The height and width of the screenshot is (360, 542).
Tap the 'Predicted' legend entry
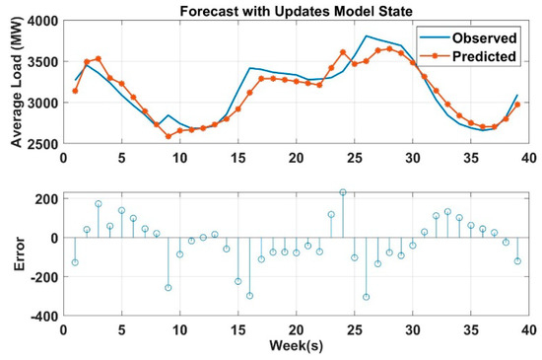478,56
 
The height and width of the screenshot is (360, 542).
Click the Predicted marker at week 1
75,91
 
